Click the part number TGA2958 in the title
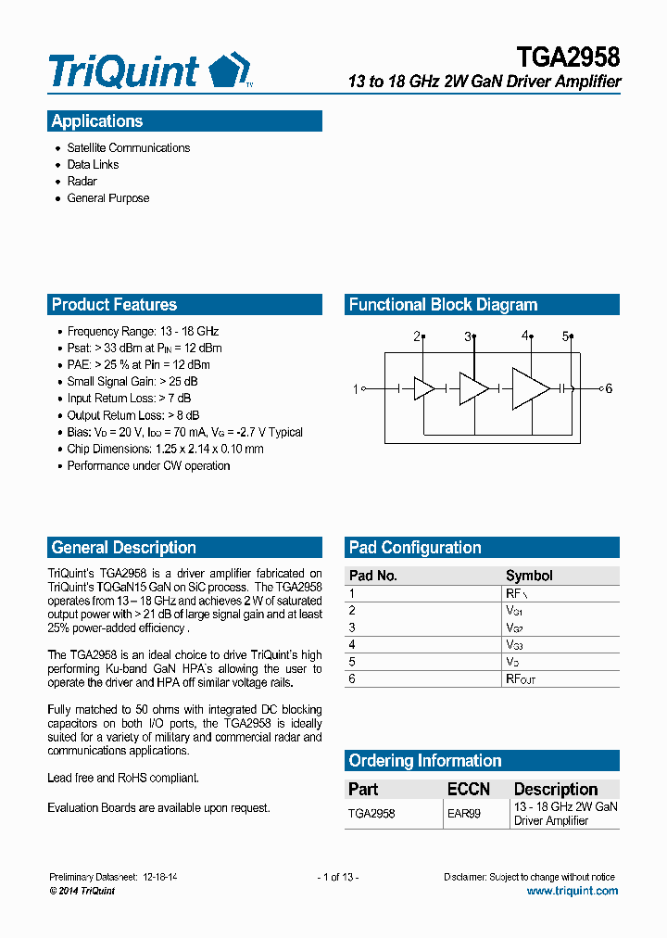(568, 57)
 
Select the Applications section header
(97, 121)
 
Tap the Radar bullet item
(82, 182)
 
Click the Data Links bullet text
(93, 165)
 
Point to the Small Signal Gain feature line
(132, 382)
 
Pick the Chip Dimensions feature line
(165, 450)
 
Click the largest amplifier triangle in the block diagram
(530, 389)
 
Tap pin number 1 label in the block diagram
(355, 389)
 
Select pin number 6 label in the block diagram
(609, 389)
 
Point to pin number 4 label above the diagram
(524, 336)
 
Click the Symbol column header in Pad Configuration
(529, 576)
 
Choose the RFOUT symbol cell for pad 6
(520, 679)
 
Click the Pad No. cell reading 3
(352, 627)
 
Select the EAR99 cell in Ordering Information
(464, 814)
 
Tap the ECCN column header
(469, 789)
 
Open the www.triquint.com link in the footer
(572, 891)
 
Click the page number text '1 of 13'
(337, 877)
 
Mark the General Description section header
(124, 548)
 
